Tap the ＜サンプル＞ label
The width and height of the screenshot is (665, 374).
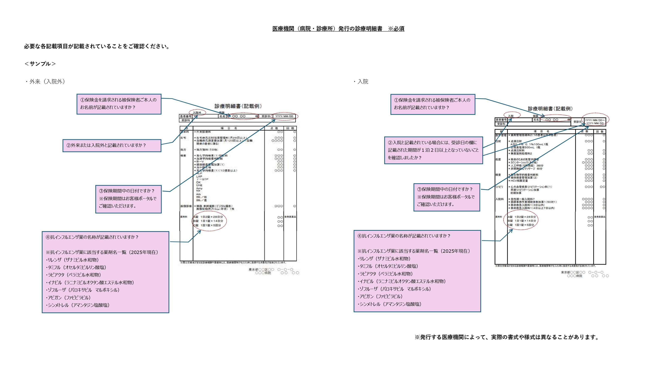click(40, 64)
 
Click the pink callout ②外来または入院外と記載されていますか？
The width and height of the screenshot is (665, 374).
click(112, 146)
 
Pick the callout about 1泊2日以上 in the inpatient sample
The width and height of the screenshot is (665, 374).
click(433, 150)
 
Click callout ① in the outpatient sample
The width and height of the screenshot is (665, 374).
click(119, 104)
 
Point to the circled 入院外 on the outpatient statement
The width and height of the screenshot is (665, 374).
click(197, 112)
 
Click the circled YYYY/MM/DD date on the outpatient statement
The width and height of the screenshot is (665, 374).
click(284, 116)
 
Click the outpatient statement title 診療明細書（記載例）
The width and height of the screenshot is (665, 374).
click(238, 106)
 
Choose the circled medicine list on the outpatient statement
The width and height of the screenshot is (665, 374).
click(209, 221)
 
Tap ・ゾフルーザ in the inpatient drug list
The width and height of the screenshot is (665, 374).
click(394, 289)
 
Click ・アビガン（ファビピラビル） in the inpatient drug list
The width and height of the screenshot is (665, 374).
click(380, 296)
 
